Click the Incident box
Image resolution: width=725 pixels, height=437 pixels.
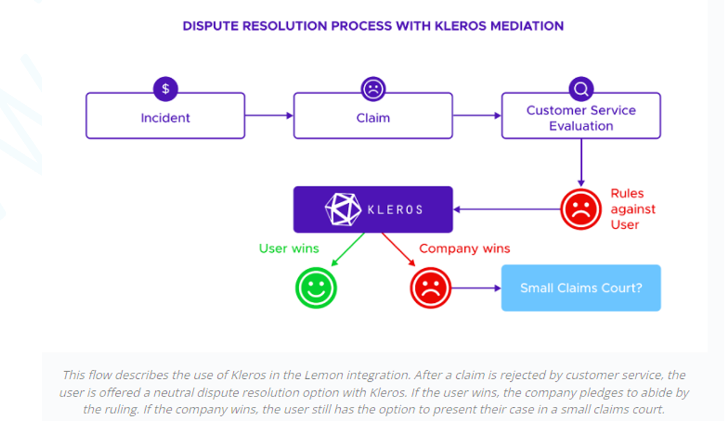165,117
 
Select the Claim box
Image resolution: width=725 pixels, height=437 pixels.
372,117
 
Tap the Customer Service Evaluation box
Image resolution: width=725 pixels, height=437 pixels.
580,118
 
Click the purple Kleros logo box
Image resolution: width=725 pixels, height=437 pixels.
372,209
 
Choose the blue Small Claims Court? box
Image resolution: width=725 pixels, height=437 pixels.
580,288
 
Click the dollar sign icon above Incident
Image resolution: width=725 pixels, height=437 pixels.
165,89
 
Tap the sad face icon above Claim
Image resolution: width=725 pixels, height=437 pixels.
373,89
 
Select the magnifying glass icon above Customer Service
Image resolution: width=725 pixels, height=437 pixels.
581,89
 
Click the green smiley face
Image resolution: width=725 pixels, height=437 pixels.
316,288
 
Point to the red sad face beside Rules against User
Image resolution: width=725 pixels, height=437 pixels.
580,209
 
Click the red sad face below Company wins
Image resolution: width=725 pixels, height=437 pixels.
430,288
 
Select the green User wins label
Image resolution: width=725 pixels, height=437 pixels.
288,249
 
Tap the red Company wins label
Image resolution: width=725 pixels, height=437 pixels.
464,249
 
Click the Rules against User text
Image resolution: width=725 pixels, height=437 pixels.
632,209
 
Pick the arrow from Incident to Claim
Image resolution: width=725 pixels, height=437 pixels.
269,115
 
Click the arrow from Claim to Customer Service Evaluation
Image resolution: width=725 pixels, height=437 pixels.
477,115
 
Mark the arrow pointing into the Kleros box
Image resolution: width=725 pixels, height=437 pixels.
506,209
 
